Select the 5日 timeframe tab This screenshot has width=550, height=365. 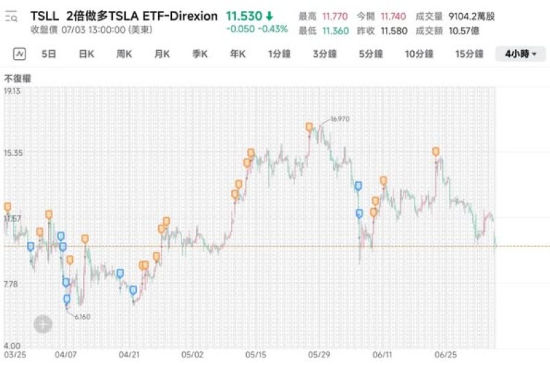(x=48, y=54)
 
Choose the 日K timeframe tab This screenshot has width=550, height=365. (x=86, y=54)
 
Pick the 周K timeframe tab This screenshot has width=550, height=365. (x=124, y=54)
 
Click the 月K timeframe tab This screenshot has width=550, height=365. (x=162, y=54)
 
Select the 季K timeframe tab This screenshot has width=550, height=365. (x=199, y=54)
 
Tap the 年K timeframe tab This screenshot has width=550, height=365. (x=237, y=54)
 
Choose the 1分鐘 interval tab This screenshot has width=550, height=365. (x=280, y=54)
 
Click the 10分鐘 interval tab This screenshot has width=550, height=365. (x=419, y=54)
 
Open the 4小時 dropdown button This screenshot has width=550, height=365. (x=520, y=54)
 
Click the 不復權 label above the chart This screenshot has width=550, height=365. (x=18, y=78)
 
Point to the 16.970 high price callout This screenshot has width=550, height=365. (x=340, y=119)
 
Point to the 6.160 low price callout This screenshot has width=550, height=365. (x=82, y=316)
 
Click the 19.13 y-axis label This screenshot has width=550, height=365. (x=12, y=91)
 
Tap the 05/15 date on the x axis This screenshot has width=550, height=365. (x=256, y=355)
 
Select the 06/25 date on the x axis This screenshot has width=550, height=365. (x=446, y=355)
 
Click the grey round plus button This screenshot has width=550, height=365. (x=43, y=324)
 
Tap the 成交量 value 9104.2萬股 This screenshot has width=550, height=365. (x=472, y=16)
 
